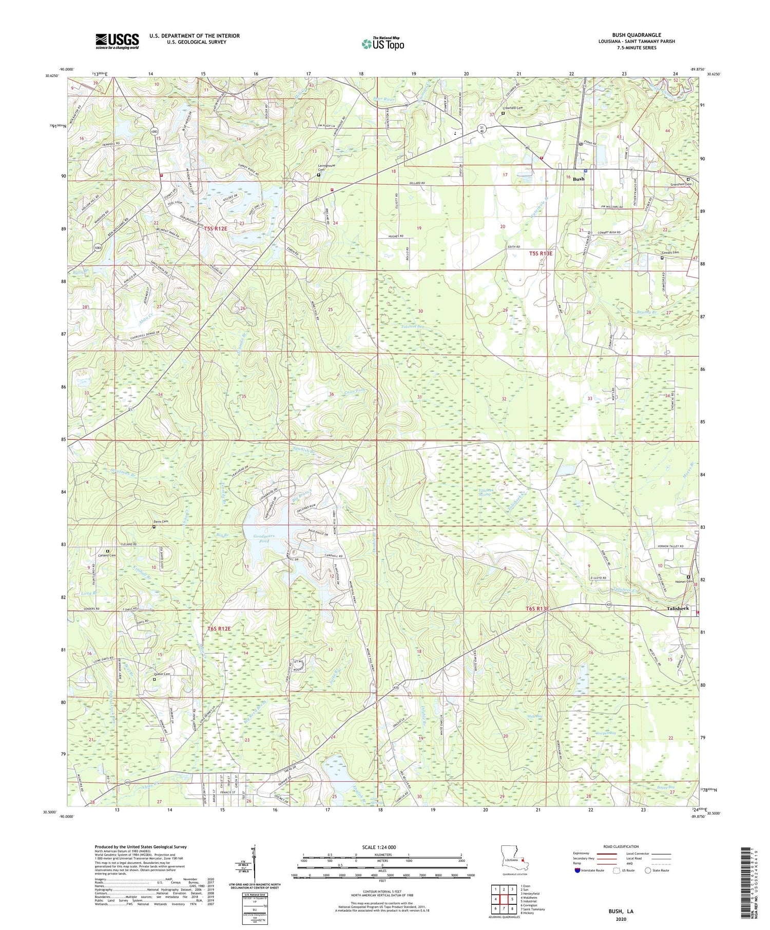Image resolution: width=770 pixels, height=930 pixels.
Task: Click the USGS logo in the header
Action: tap(117, 41)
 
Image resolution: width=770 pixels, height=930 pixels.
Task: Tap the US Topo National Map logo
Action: tap(382, 44)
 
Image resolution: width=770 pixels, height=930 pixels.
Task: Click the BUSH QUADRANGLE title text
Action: tap(636, 35)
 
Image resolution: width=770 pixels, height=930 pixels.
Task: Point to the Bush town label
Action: tap(579, 179)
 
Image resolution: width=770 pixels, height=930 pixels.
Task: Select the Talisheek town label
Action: tap(678, 608)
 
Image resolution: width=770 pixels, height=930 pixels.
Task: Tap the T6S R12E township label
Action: tap(219, 628)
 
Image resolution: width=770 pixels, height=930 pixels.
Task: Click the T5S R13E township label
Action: tap(541, 253)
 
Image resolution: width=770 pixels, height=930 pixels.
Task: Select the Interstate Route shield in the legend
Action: tap(577, 870)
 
